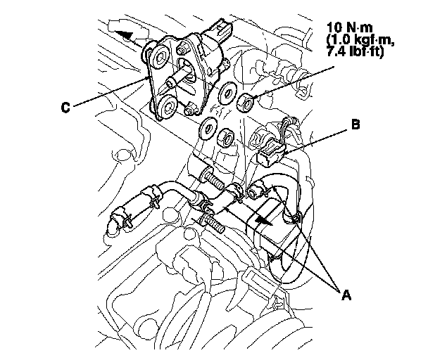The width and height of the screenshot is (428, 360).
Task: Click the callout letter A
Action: tap(344, 295)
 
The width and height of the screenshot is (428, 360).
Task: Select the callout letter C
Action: tap(64, 108)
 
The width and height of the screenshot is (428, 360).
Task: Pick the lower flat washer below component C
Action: tap(208, 129)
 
